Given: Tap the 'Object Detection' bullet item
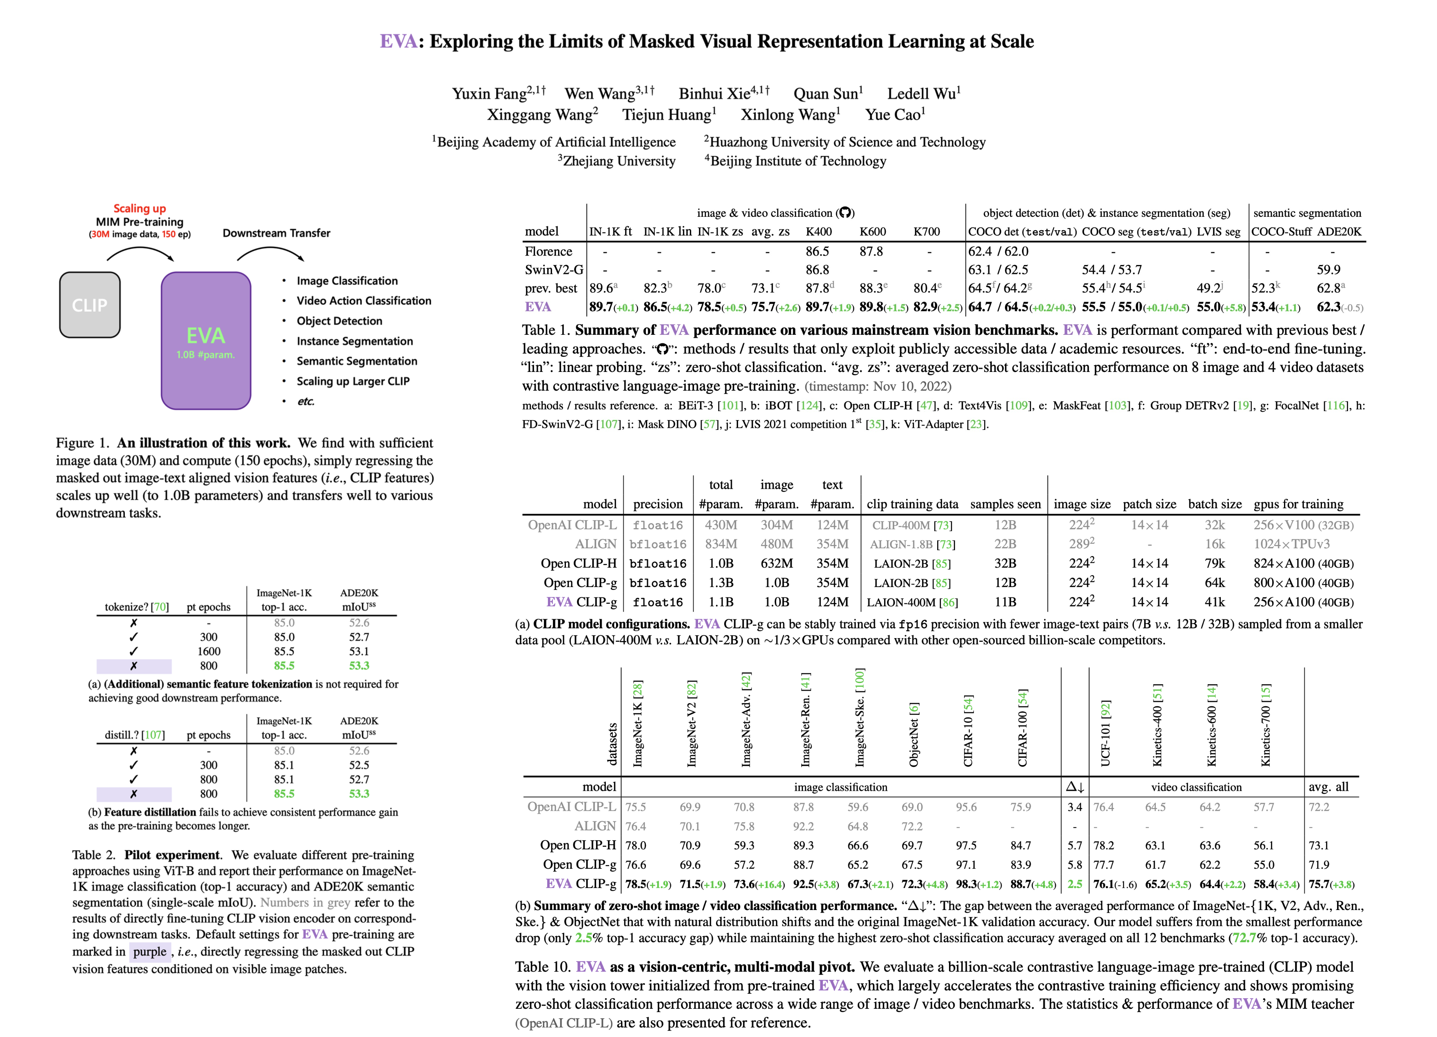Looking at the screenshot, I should coord(339,321).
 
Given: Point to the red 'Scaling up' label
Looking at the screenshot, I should coord(140,209).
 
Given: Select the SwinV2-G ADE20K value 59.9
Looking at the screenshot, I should coord(1328,270).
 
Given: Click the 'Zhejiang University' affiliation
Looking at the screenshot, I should coord(619,161).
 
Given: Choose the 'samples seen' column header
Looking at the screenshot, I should coord(1005,504).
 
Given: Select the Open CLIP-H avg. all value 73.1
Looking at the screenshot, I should coord(1319,846).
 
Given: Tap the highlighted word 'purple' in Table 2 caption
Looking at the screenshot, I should coord(149,951).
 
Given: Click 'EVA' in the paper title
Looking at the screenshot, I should coord(398,42).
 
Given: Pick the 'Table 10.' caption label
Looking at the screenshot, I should coord(542,967).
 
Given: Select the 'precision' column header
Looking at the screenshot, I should coord(658,504).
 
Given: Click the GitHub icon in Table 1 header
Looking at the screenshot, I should coord(845,213).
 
